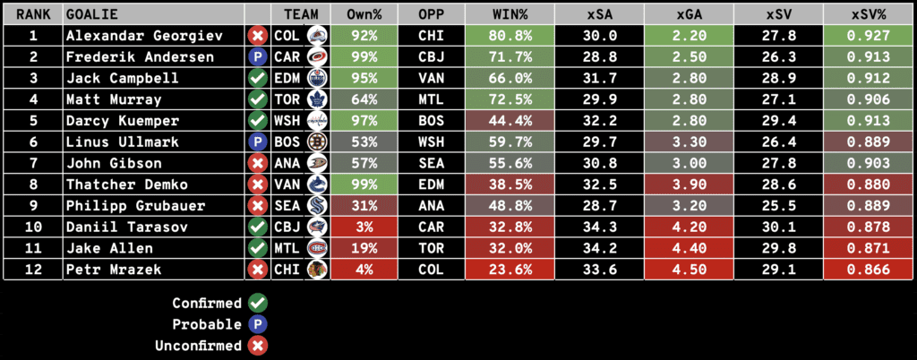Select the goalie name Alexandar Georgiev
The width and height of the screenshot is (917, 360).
coord(128,36)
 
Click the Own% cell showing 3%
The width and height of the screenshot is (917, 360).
coord(364,227)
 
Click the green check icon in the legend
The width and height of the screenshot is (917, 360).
coord(258,303)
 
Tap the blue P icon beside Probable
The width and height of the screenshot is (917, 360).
coord(258,324)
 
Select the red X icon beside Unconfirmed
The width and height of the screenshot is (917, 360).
coord(258,346)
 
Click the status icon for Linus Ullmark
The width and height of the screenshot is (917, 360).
coord(258,141)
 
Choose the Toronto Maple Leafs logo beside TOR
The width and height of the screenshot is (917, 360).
coord(316,99)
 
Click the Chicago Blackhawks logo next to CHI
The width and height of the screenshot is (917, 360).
coord(316,270)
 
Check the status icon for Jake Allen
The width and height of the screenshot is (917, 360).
coord(258,248)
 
